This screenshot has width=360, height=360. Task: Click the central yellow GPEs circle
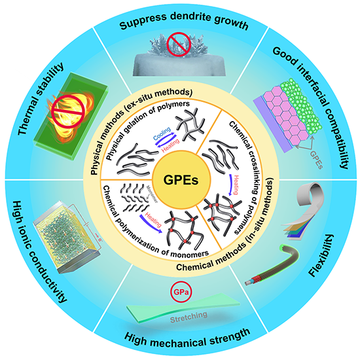tap(181, 180)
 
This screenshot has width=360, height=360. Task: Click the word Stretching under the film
tap(189, 317)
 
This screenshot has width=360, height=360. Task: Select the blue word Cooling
tap(162, 134)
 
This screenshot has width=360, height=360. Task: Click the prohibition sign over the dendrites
tap(179, 44)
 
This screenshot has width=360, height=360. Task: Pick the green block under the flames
tap(71, 117)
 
